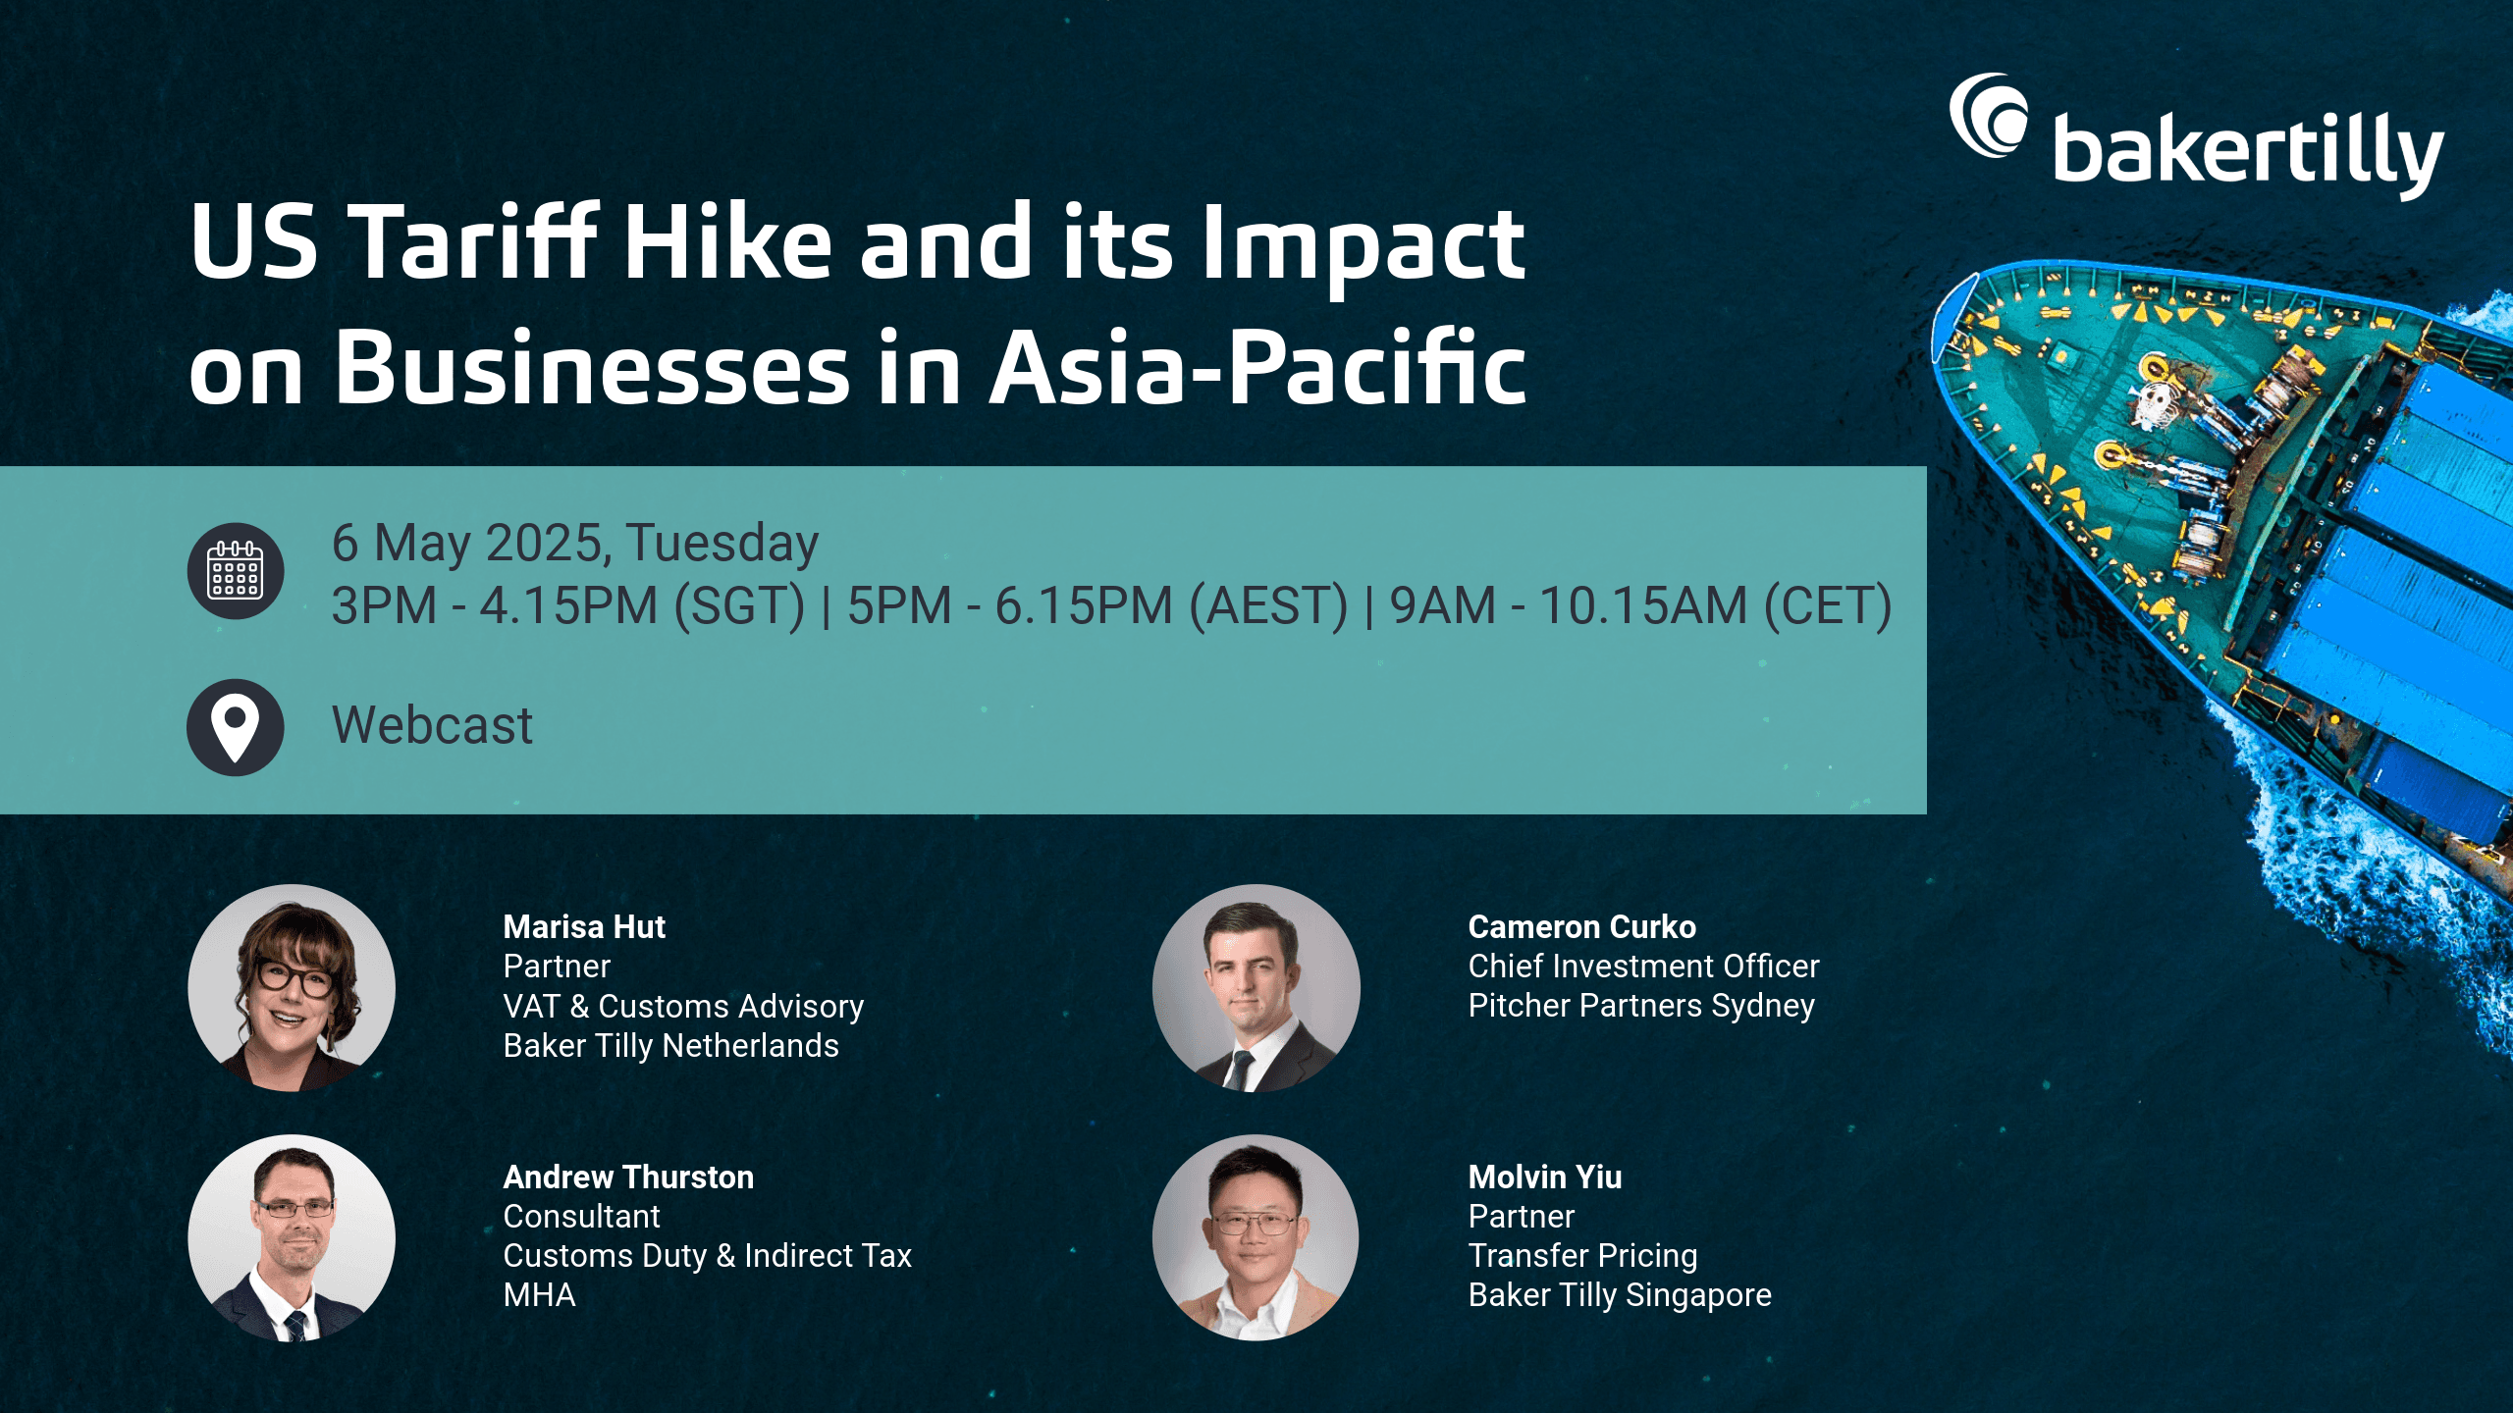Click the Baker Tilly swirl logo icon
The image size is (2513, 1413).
[1987, 115]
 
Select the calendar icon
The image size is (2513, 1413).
[236, 570]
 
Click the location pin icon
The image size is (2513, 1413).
[236, 727]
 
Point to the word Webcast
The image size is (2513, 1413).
[432, 726]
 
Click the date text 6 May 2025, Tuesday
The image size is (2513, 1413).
[575, 544]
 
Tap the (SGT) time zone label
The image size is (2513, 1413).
[739, 605]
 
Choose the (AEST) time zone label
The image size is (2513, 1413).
[1268, 605]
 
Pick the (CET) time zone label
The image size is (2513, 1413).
[1828, 605]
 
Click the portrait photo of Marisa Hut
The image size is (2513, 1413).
[292, 988]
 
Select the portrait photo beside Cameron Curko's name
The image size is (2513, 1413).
[1256, 988]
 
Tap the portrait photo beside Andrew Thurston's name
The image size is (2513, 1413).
[292, 1238]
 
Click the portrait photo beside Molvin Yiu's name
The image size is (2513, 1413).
[1256, 1238]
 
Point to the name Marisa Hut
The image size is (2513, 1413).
[584, 926]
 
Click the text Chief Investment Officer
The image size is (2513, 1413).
[1643, 967]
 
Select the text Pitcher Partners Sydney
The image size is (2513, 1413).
[1641, 1007]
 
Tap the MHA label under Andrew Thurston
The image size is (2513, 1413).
[539, 1295]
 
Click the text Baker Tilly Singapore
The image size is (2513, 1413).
[1620, 1296]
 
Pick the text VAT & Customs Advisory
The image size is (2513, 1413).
[683, 1007]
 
